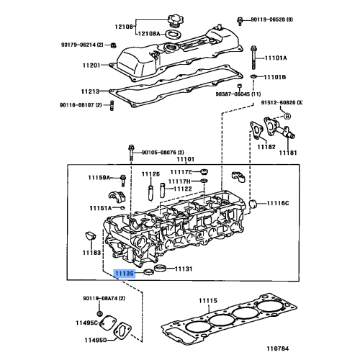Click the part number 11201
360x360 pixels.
point(91,65)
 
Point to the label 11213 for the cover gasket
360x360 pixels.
point(91,91)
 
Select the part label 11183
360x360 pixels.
point(91,253)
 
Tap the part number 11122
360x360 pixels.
point(181,189)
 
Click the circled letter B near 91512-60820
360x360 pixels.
point(287,116)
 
